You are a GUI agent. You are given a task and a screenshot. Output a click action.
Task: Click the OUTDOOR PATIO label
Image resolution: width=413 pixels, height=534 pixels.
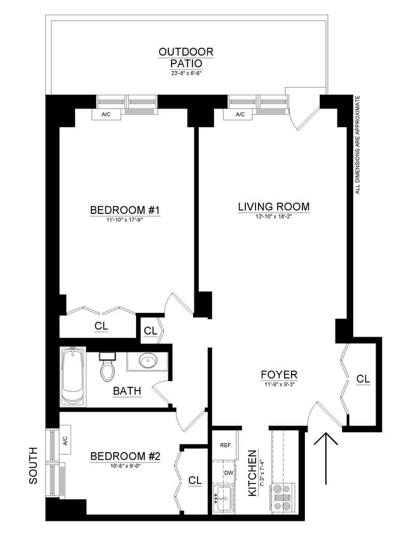pos(186,57)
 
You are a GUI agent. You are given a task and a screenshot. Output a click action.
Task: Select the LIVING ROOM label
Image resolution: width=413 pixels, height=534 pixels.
pos(274,206)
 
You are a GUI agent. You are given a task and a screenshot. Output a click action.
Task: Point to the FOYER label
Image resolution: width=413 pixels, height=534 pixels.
pos(279,374)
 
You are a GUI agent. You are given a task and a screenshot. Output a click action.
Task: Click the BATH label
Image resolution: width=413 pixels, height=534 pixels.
pos(127,390)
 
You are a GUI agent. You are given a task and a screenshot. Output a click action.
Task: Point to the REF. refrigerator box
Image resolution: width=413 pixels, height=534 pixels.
pos(225,446)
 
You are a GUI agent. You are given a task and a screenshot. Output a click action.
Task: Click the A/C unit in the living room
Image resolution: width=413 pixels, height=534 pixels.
pos(240,115)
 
